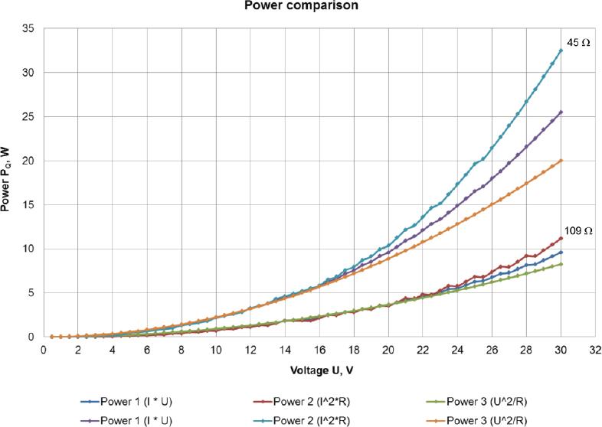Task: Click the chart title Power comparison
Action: click(300, 6)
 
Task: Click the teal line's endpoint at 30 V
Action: click(561, 51)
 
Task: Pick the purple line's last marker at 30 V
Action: click(561, 112)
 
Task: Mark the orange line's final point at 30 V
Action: click(561, 161)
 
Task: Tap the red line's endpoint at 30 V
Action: click(561, 238)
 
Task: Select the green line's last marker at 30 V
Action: click(561, 264)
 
